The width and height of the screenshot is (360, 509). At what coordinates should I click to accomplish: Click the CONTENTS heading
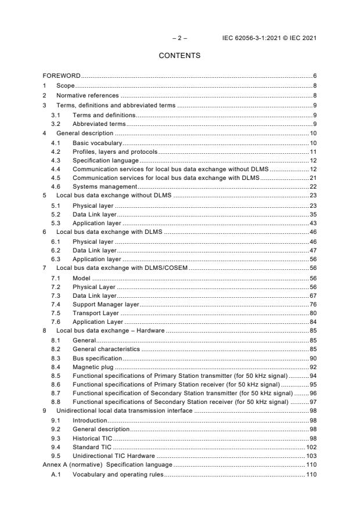coord(179,56)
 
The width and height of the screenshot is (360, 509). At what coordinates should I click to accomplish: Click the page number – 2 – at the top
coord(179,38)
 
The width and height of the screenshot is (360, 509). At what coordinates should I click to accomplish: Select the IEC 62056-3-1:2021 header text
coord(269,38)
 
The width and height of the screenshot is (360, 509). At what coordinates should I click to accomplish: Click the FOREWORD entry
coord(62,76)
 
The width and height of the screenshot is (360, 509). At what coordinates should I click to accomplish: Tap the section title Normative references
coord(87,95)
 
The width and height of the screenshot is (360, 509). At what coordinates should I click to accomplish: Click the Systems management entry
coord(105,186)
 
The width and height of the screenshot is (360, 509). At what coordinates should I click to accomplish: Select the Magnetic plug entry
coord(93,367)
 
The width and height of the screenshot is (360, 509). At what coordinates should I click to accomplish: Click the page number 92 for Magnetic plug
coord(312,367)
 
